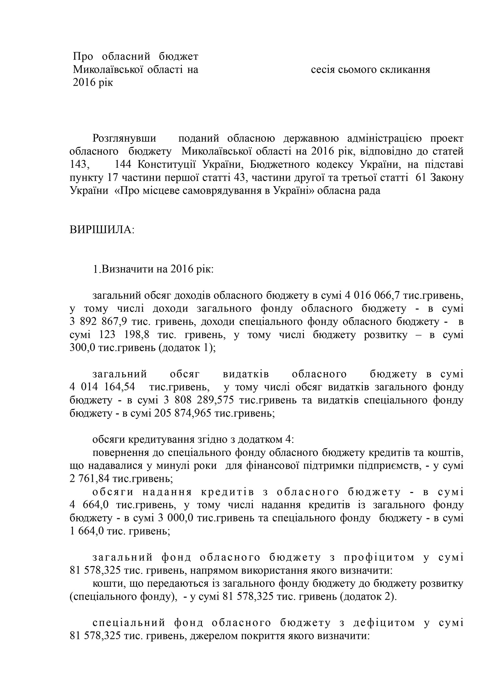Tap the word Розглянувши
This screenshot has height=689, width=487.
[x=124, y=139]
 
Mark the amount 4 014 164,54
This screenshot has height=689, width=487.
[x=103, y=387]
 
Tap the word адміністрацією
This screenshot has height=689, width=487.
[x=384, y=139]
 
